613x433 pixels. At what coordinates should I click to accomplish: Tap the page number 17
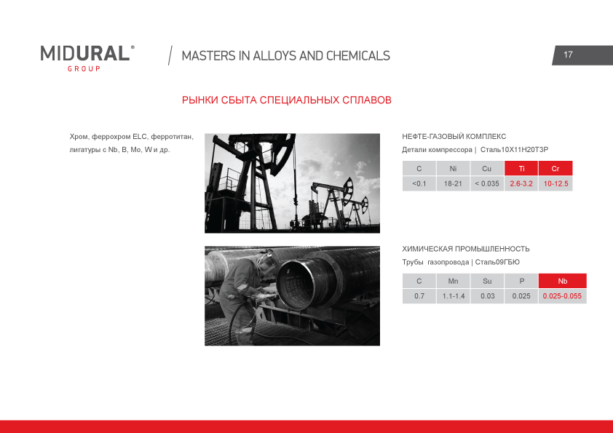[x=568, y=55]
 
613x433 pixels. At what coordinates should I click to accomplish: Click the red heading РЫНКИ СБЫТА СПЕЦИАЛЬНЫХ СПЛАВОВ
[x=287, y=100]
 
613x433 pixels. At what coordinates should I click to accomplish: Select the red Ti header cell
[x=521, y=168]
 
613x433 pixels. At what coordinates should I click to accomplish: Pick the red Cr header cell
[x=555, y=168]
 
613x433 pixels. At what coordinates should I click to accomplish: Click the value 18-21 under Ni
[x=453, y=183]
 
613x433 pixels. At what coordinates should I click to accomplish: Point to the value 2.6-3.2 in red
[x=521, y=183]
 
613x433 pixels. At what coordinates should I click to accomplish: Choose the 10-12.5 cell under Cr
[x=555, y=183]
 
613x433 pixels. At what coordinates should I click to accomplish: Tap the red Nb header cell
[x=563, y=281]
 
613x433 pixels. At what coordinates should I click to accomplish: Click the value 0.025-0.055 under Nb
[x=563, y=296]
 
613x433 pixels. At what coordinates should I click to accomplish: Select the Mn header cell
[x=453, y=281]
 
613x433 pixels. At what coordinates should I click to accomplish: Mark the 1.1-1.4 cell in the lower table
[x=453, y=296]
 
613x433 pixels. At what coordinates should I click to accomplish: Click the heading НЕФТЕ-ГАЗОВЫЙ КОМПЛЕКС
[x=454, y=136]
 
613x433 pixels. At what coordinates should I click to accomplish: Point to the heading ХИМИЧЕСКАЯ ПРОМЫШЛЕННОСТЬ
[x=466, y=249]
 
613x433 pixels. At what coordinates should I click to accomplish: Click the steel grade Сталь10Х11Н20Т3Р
[x=514, y=150]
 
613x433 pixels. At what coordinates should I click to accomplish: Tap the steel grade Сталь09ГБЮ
[x=497, y=262]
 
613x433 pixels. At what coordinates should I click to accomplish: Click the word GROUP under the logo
[x=84, y=69]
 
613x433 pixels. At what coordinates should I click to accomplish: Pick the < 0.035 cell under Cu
[x=487, y=183]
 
